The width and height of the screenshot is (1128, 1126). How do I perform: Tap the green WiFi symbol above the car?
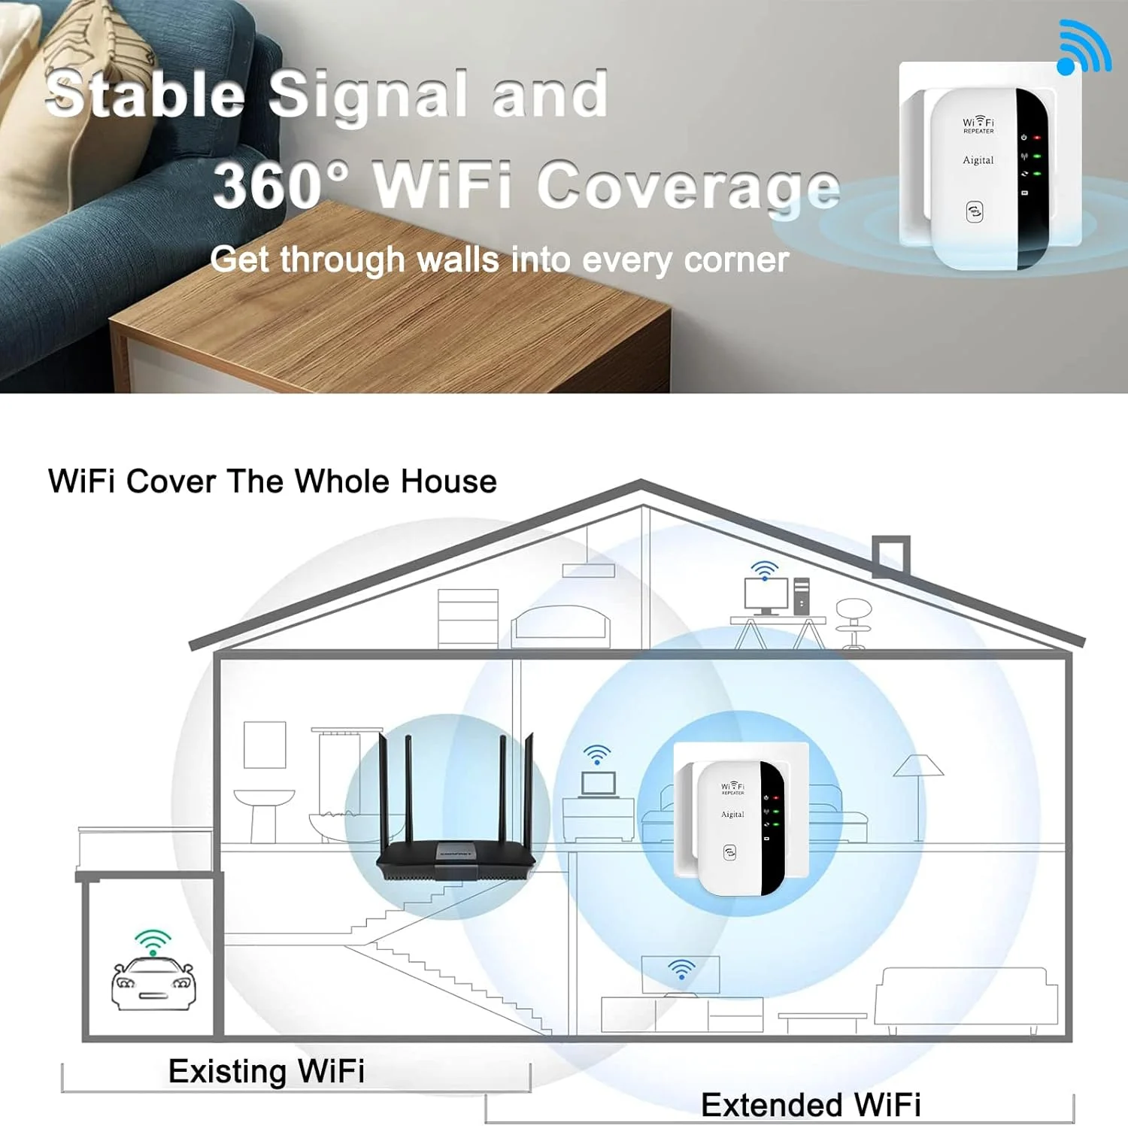click(x=153, y=942)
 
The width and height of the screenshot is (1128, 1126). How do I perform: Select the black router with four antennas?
click(x=456, y=850)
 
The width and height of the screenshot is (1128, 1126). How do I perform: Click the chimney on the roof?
click(x=891, y=555)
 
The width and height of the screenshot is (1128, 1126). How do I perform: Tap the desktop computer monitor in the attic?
click(x=766, y=595)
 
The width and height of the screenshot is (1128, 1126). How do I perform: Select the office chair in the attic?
click(x=854, y=620)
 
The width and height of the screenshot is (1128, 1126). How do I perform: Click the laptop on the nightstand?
click(x=598, y=783)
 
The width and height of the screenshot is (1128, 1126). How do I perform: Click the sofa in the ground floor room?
click(x=966, y=997)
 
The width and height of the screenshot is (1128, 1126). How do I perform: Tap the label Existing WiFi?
click(x=266, y=1071)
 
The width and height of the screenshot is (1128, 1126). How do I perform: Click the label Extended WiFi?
click(x=811, y=1104)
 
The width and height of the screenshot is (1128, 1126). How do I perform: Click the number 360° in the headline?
click(x=280, y=185)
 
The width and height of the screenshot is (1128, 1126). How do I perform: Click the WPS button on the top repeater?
click(x=975, y=211)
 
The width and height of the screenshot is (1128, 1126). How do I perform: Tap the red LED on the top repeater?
click(x=1037, y=138)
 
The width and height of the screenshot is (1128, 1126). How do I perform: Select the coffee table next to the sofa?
click(x=822, y=1021)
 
